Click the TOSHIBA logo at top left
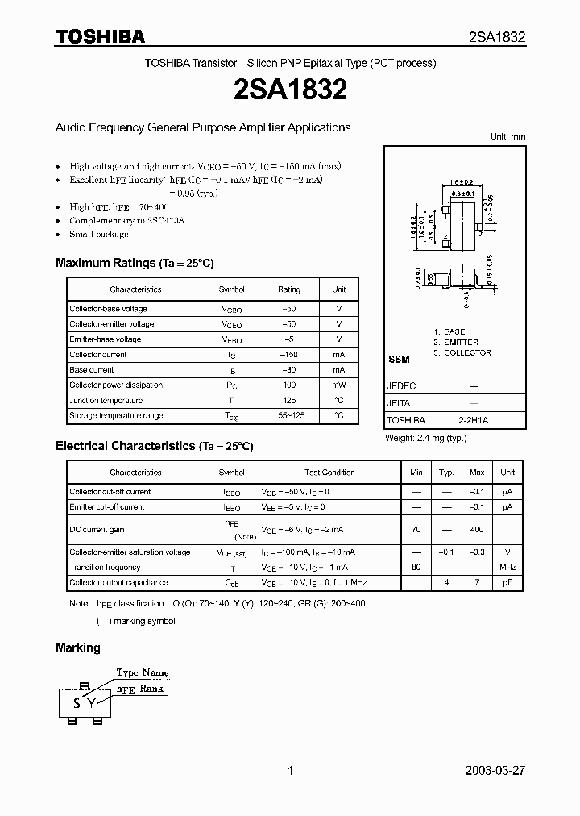100,36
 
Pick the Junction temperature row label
106,401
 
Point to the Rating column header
288,289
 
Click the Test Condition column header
329,473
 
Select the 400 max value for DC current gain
477,529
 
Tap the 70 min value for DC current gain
416,529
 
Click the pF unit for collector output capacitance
507,583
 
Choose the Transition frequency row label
106,568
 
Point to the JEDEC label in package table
402,386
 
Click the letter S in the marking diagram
77,703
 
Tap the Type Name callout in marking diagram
143,672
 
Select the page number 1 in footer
290,771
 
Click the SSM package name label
399,359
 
